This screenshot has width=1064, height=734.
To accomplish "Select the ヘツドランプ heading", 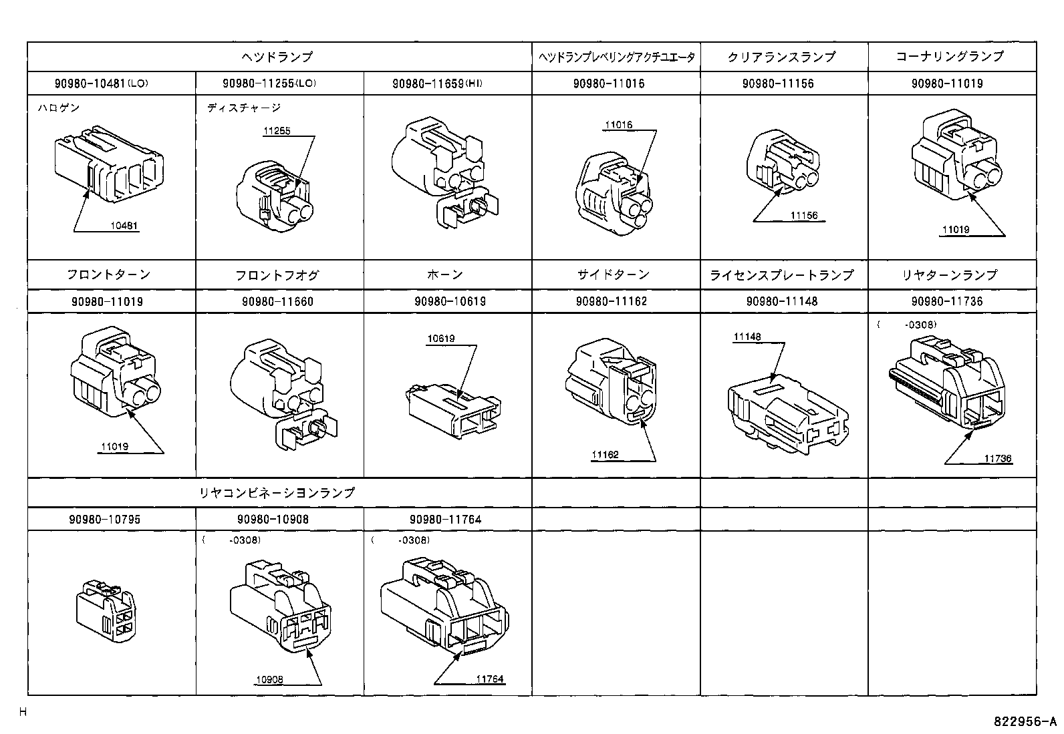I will [277, 57].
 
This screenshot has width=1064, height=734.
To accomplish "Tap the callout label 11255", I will [276, 131].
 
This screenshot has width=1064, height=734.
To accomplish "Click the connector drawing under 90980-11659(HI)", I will [445, 174].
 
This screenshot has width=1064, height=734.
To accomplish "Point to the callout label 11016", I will [618, 125].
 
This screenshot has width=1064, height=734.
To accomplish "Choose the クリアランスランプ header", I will [781, 57].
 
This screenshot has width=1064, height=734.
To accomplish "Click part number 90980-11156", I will [781, 83].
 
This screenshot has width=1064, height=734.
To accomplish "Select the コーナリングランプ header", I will [950, 57].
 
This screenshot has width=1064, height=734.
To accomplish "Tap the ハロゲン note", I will [59, 108].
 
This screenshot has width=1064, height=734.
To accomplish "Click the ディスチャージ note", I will [244, 108].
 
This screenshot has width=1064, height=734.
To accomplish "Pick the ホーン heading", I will [444, 274].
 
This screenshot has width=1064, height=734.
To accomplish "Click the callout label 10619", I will [441, 339].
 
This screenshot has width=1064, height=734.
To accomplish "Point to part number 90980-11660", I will [277, 301].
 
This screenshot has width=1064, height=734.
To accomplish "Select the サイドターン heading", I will [613, 274].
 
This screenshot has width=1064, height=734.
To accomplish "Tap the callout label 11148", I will [747, 337].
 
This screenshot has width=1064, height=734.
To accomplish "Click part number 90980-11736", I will [950, 301].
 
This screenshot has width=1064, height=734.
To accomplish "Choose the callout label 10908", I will [269, 680].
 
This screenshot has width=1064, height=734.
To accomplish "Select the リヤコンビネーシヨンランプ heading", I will [277, 493].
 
